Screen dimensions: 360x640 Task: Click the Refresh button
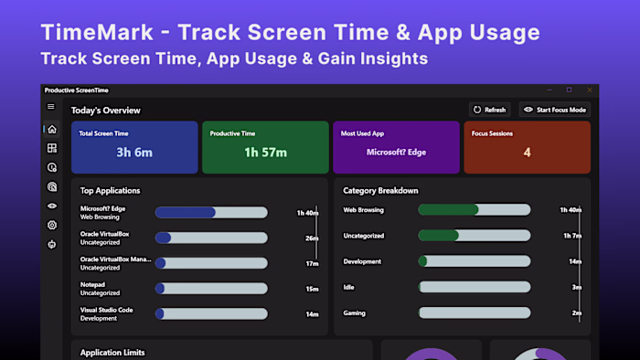coord(490,110)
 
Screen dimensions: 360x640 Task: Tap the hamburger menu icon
coord(51,107)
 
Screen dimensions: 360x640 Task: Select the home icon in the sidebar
coord(52,129)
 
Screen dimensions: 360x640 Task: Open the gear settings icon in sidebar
coord(52,225)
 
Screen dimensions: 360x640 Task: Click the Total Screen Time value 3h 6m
coord(134,152)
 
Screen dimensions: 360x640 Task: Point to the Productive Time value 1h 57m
coord(265,152)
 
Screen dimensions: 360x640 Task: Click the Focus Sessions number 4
coord(527,152)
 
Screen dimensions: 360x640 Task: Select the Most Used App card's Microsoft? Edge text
coord(395,152)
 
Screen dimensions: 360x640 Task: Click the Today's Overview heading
coord(106,111)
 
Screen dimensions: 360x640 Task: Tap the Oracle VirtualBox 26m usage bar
coord(211,238)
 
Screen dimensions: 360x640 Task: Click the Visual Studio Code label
coord(107,310)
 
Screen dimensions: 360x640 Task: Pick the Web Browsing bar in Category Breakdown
coord(475,209)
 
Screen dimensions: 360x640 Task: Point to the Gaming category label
coord(354,312)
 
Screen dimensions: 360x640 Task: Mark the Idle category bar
coord(475,287)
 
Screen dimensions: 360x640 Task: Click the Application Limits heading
coord(112,352)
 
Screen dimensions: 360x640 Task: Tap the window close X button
coord(588,90)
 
